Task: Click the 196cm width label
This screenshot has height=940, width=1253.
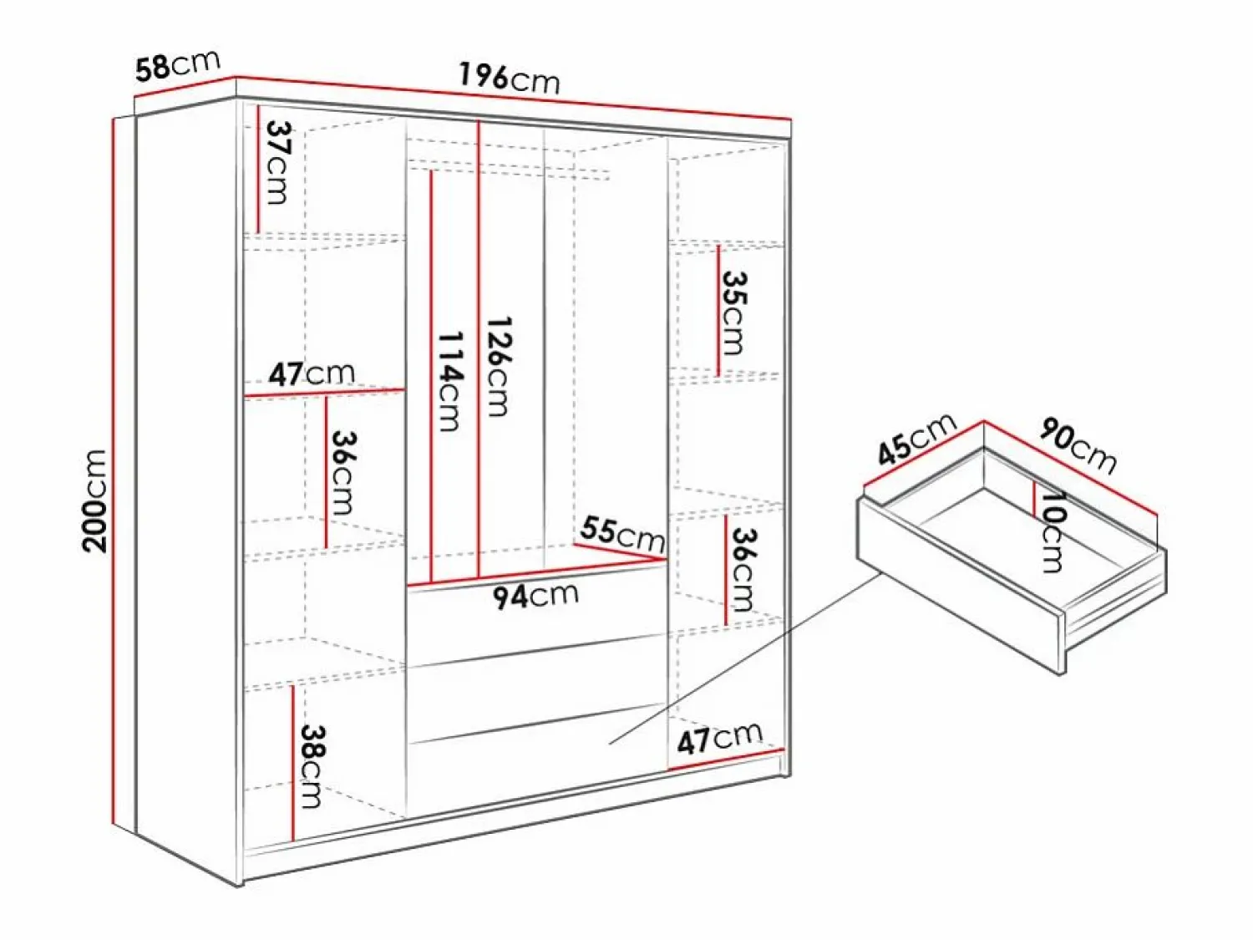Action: [510, 79]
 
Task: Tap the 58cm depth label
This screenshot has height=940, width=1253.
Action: [178, 64]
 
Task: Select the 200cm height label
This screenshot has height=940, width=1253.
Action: [94, 500]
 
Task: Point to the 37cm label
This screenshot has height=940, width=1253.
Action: [277, 162]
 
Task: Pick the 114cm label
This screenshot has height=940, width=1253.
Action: [449, 381]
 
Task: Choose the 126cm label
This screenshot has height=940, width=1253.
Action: [497, 367]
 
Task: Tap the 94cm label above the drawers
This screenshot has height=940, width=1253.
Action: [535, 596]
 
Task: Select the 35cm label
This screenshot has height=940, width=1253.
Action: [733, 312]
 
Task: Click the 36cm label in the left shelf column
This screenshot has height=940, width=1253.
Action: [344, 473]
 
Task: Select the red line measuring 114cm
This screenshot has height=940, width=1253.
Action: [432, 378]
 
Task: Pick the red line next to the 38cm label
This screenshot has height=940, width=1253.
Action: [293, 763]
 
